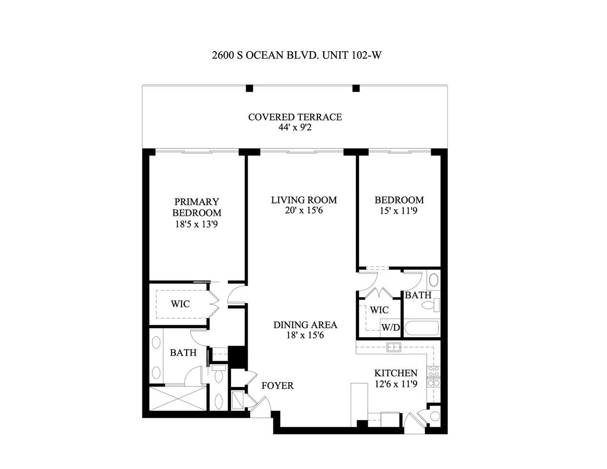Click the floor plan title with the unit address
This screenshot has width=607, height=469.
[x=296, y=55]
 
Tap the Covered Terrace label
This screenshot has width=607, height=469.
[x=294, y=117]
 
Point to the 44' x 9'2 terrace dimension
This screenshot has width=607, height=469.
[x=294, y=128]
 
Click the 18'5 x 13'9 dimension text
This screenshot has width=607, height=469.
[x=196, y=225]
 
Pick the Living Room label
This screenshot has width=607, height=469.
[x=304, y=200]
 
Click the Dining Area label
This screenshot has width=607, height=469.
[x=305, y=325]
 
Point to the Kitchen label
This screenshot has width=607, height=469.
[x=396, y=373]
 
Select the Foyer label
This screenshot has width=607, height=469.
[x=277, y=386]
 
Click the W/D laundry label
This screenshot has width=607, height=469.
[x=391, y=327]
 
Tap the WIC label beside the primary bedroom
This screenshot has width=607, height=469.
[x=180, y=304]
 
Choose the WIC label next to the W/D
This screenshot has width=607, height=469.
[x=379, y=310]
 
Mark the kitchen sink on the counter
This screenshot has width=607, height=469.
[x=393, y=347]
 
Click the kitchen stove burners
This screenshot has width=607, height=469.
[x=434, y=376]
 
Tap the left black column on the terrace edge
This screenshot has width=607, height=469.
[x=250, y=88]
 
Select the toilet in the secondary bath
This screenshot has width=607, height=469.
[x=430, y=306]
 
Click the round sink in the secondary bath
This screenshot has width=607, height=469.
[x=433, y=281]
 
